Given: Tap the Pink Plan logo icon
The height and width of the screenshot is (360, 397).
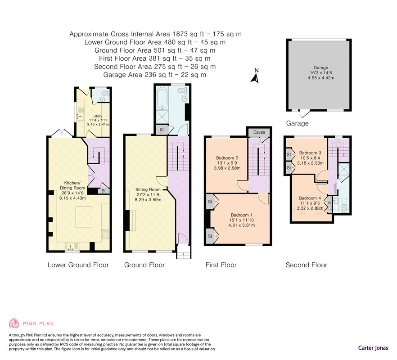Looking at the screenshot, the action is coord(14,323).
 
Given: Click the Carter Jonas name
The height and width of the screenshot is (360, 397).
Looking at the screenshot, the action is coord(373,348).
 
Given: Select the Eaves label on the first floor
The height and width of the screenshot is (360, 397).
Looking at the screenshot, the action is coord(259,132).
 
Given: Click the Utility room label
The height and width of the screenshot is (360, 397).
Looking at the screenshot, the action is coord(98,116).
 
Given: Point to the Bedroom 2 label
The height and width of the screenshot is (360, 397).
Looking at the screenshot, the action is coord(227,158).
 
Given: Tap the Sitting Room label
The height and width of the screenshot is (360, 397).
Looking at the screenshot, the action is coord(148,189).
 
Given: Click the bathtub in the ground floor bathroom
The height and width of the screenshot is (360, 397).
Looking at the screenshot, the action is coord(162,99).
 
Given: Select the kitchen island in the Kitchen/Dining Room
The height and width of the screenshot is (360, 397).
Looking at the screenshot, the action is coord(84,217).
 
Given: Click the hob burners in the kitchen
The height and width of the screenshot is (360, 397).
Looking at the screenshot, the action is coord(105,234).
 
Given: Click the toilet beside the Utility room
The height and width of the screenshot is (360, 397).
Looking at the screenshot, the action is coord(104,94).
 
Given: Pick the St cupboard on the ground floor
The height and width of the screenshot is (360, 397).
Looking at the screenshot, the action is coord(162,130).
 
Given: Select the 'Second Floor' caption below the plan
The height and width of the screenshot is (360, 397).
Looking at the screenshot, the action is coord(307,265).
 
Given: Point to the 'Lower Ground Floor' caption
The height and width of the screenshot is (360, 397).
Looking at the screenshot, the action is coord(78,265).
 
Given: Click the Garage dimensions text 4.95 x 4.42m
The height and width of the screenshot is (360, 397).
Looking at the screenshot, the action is coord(321,78).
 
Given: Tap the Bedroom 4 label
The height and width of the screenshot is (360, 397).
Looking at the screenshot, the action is coord(310,198).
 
